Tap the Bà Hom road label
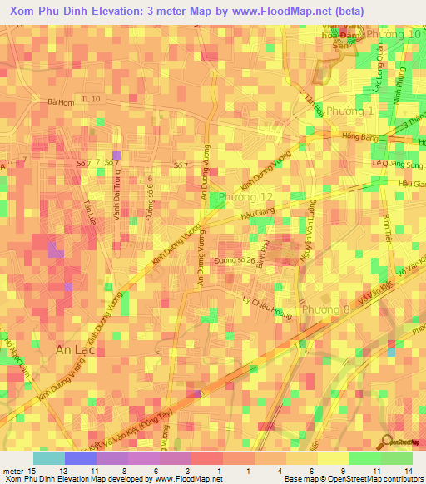tap(62, 102)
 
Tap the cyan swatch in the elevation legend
tap(49, 458)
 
